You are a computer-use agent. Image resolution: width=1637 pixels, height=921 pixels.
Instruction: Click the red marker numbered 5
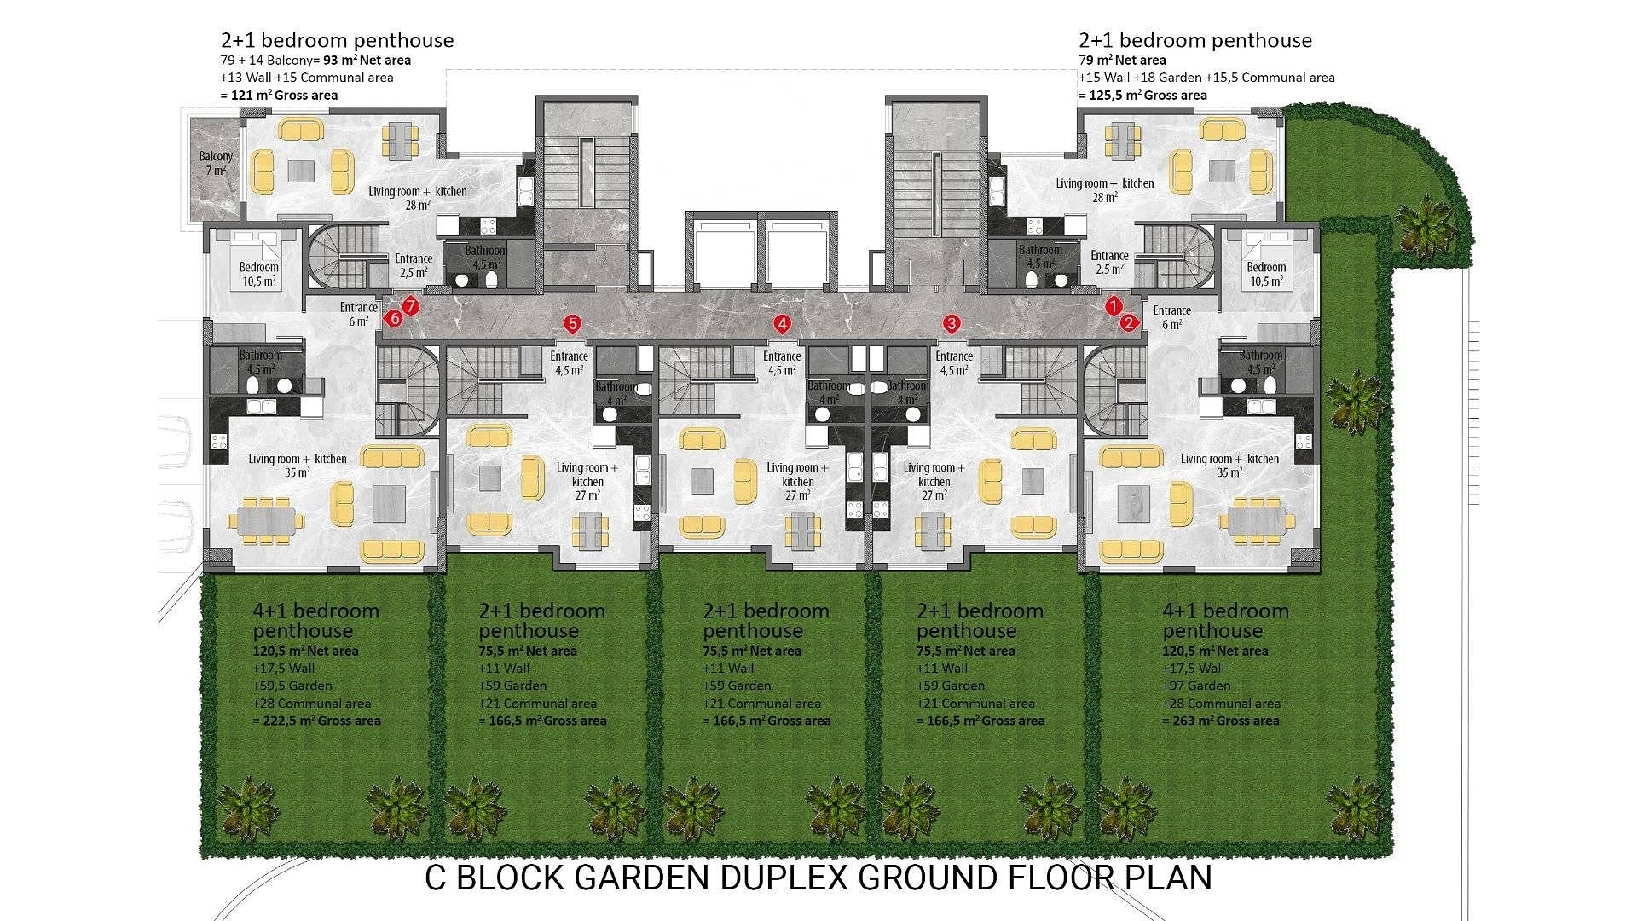[x=572, y=323]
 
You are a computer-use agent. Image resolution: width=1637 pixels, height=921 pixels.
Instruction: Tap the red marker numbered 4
[x=782, y=324]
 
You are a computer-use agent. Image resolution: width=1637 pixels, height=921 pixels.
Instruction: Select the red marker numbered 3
[x=952, y=323]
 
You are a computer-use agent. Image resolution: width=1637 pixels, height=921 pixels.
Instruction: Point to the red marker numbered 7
[x=410, y=305]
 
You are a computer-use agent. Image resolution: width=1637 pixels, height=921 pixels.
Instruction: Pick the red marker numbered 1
[x=1113, y=305]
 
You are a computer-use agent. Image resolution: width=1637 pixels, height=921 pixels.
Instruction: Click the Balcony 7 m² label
[x=216, y=163]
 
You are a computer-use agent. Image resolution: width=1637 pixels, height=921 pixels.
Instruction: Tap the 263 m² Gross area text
[x=1220, y=721]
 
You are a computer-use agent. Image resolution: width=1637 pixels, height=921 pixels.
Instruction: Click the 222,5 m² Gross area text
[x=316, y=721]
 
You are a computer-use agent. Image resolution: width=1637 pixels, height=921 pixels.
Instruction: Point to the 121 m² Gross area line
[x=279, y=95]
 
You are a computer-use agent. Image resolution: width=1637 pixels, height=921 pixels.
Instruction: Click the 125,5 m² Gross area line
[x=1142, y=95]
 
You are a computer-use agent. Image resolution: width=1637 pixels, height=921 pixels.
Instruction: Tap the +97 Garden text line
[x=1196, y=686]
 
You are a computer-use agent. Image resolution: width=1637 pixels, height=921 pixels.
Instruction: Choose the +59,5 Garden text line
[x=292, y=686]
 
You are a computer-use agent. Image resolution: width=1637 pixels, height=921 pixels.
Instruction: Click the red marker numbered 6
[x=393, y=319]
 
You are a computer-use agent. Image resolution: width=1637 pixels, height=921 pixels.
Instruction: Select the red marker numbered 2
[x=1129, y=322]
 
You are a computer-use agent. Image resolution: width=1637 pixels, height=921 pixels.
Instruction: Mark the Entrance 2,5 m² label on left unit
[x=413, y=265]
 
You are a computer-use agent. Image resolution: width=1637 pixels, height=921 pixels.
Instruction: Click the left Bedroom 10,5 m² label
[x=258, y=274]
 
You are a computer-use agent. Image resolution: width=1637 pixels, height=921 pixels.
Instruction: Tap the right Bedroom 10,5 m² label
[x=1265, y=274]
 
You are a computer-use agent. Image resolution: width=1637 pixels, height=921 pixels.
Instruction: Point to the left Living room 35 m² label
[x=297, y=466]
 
